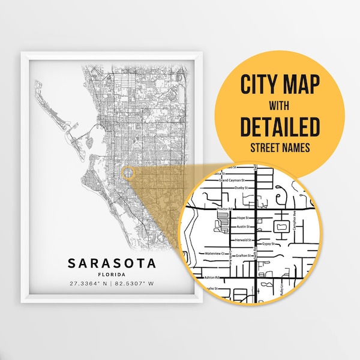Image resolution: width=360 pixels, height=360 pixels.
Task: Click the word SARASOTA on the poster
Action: point(112,263)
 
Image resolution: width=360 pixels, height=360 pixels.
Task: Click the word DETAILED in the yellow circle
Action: point(280,127)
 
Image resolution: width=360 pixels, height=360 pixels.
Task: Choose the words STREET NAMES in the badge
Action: point(280,146)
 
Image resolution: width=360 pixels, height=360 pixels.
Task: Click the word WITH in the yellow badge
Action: point(280,106)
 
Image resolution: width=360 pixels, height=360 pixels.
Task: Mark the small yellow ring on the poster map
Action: point(128,173)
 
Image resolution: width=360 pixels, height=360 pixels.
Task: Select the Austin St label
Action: point(242,227)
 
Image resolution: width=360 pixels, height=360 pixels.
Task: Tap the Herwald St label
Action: point(243,239)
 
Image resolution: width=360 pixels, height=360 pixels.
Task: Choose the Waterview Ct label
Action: point(214,254)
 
